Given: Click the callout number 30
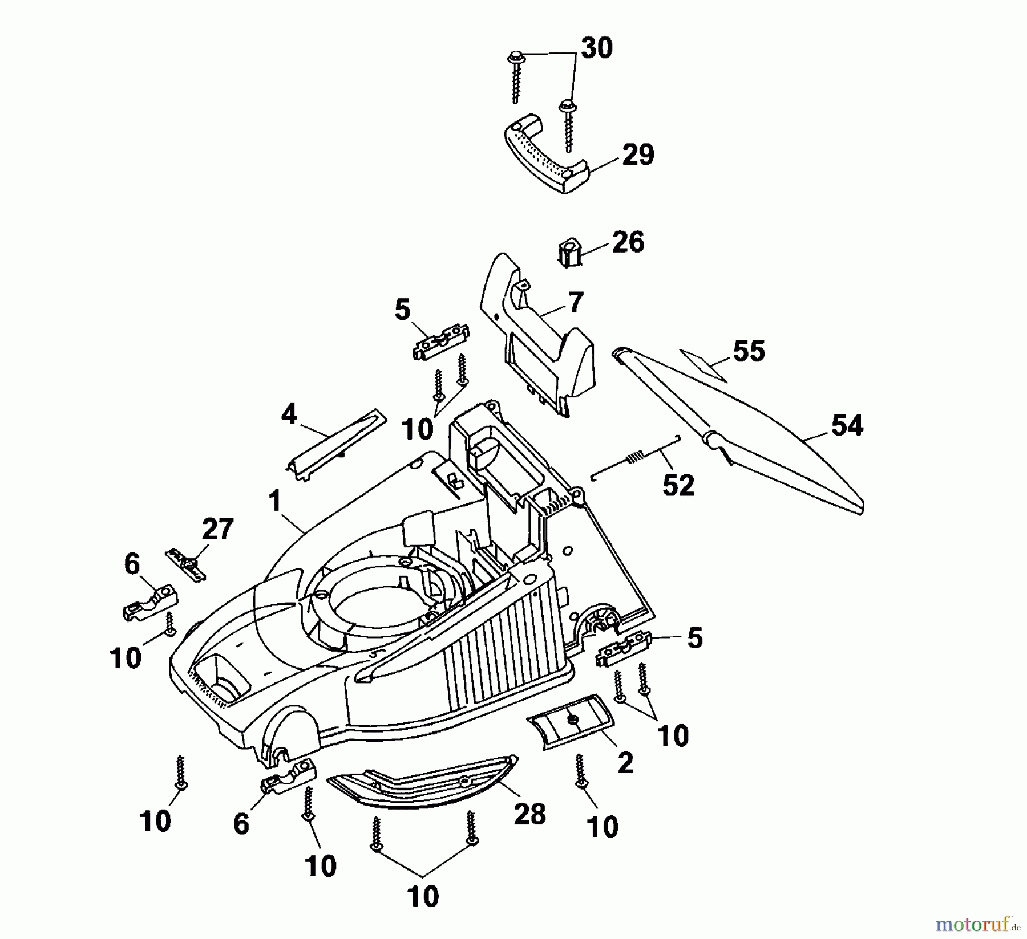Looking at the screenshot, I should pyautogui.click(x=597, y=48).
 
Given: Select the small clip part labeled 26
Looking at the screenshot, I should pyautogui.click(x=568, y=251).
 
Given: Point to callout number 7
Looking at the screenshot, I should pyautogui.click(x=576, y=302).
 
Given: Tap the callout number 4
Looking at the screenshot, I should pyautogui.click(x=289, y=414).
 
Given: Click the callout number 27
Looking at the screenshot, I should pyautogui.click(x=217, y=529).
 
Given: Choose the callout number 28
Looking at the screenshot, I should pyautogui.click(x=530, y=814).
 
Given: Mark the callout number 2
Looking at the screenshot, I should pyautogui.click(x=626, y=762).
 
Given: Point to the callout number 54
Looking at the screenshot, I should pyautogui.click(x=847, y=425).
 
